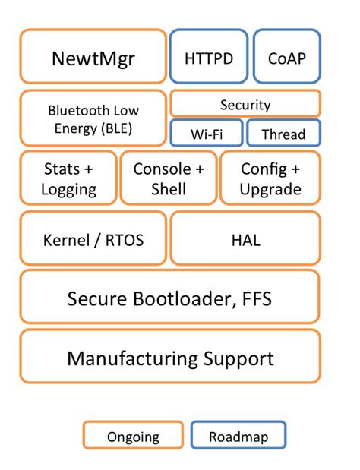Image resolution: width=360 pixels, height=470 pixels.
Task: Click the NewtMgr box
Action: tap(93, 57)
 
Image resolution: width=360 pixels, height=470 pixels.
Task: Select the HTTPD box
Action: tap(208, 57)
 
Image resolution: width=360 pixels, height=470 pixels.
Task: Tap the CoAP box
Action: tap(286, 57)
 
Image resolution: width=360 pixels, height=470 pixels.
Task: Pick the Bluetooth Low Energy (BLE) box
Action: tap(93, 118)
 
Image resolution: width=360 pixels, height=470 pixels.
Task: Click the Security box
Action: tap(245, 104)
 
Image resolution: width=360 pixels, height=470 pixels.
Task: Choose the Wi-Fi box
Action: tap(206, 134)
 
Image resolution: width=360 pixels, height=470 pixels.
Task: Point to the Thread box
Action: tap(283, 134)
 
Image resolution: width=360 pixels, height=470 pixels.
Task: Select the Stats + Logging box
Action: tap(69, 178)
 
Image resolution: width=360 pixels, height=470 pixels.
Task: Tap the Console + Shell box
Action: tap(169, 178)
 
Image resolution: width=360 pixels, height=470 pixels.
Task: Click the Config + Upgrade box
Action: tap(270, 178)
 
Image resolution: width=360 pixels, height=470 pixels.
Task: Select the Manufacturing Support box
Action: tap(169, 357)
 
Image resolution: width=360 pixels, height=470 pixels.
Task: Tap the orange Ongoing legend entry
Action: tap(133, 436)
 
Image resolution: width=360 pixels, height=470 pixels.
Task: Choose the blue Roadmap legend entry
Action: tap(239, 436)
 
